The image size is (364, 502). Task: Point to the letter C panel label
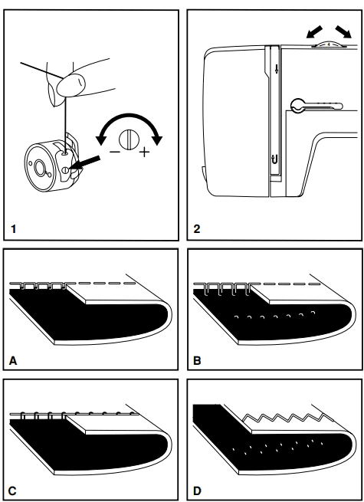tap(14, 488)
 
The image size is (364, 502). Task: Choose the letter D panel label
tap(198, 488)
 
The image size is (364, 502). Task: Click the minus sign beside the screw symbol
tap(114, 152)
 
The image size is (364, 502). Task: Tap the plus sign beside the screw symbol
tap(144, 152)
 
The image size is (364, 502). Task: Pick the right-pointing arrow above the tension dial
tap(343, 32)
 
